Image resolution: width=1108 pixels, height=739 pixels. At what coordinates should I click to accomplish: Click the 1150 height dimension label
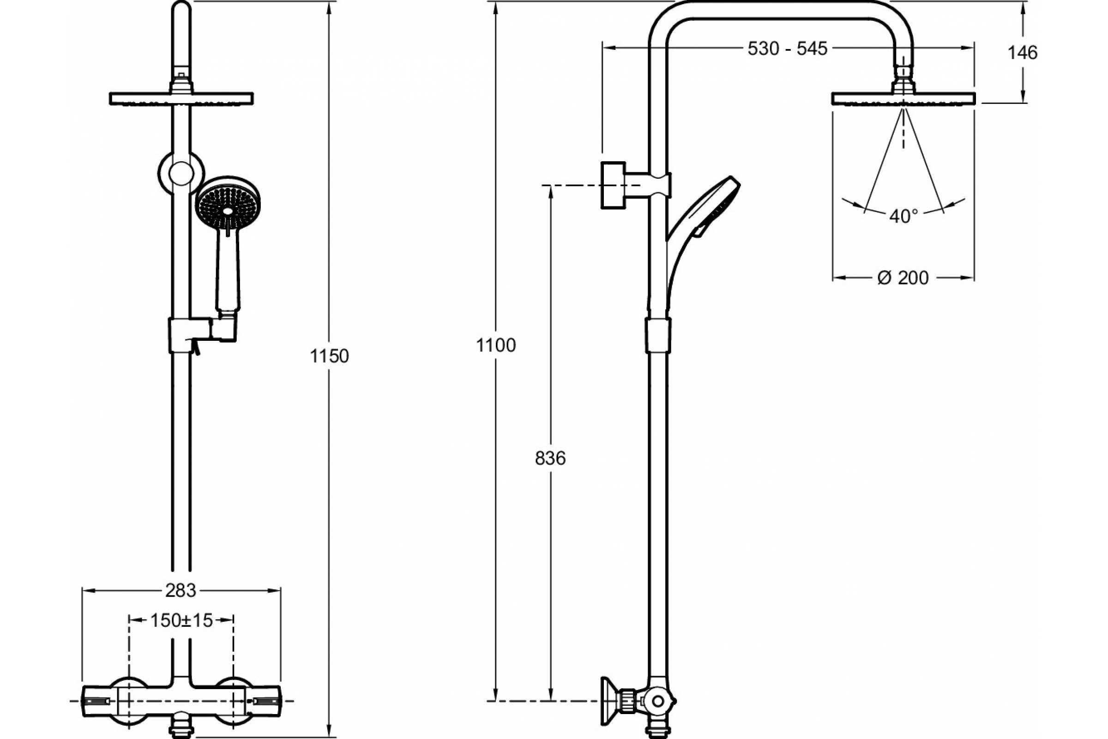tap(329, 356)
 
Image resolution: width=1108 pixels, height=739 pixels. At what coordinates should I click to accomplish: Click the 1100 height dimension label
tap(496, 345)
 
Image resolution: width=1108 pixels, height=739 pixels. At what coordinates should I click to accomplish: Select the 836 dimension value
tap(550, 458)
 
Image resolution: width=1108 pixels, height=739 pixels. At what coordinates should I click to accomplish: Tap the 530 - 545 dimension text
tap(788, 48)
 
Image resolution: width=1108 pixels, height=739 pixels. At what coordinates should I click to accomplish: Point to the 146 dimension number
tap(1022, 53)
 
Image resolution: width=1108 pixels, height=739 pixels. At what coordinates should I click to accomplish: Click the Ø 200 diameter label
tap(903, 278)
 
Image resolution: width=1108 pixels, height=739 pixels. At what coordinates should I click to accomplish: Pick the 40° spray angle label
tap(903, 216)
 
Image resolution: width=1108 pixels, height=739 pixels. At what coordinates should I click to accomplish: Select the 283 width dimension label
tap(181, 590)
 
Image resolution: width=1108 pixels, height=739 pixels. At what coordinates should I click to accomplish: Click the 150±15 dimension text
tap(181, 621)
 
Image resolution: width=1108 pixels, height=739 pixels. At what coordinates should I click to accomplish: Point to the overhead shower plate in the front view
tap(181, 99)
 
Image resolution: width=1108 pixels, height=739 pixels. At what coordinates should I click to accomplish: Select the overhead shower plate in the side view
tap(903, 99)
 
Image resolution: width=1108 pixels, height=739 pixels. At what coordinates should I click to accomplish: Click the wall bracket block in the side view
tap(614, 185)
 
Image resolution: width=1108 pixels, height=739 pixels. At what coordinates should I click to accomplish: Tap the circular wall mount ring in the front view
tap(181, 173)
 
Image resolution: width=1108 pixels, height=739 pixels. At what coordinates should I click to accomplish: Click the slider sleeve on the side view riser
tap(657, 334)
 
